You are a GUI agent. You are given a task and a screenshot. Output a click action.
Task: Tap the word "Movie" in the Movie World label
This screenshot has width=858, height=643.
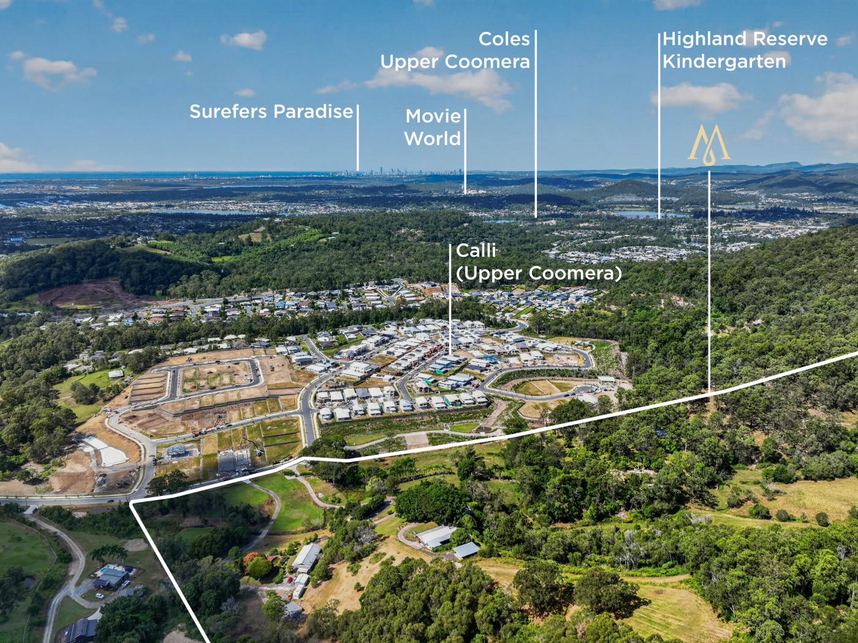pos(433,116)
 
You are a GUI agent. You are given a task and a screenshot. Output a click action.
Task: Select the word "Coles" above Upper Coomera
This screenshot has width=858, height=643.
pos(504,39)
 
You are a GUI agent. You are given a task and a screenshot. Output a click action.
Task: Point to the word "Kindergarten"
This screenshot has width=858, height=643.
pos(724,62)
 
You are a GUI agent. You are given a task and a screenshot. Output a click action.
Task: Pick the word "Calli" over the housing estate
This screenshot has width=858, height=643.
pos(476,251)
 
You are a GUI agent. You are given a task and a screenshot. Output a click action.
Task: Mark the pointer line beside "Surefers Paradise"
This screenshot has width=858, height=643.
pos(358,137)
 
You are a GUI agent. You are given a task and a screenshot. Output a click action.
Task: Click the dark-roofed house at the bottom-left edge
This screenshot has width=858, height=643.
pos(80,630)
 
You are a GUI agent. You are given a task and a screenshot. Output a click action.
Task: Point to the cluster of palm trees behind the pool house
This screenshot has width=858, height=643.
pos(108,554)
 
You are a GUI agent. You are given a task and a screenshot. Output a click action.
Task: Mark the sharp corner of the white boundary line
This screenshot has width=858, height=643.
pos(132,501)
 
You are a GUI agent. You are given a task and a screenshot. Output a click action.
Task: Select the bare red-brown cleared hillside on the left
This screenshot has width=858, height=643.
pos(86,293)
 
